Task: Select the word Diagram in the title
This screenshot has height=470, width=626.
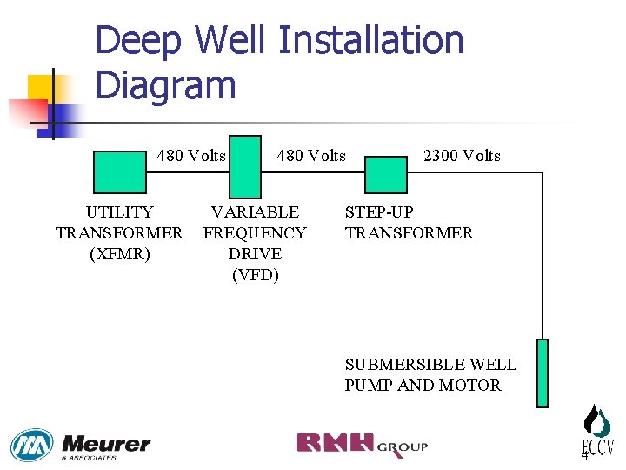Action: [x=165, y=86]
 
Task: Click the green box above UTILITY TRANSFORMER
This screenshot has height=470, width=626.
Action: [x=119, y=171]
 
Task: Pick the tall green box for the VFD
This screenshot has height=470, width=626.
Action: [x=244, y=166]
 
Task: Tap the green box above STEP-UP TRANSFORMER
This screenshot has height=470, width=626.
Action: [x=385, y=173]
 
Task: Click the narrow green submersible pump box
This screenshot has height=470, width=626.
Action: [x=543, y=373]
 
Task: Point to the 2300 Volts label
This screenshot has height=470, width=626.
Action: [x=462, y=156]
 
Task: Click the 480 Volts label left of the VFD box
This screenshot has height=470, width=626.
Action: [x=191, y=156]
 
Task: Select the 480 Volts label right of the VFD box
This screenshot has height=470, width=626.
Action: [x=311, y=156]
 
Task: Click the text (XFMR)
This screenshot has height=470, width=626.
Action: [x=119, y=254]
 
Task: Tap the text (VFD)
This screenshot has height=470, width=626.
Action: [x=255, y=275]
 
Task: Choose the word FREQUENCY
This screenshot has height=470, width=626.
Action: [x=255, y=233]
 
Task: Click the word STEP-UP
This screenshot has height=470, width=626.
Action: [x=379, y=211]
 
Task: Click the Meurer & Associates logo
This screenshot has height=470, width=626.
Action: [x=80, y=446]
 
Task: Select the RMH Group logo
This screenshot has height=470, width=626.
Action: [x=362, y=444]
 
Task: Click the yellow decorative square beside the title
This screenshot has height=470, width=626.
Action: [x=41, y=87]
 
